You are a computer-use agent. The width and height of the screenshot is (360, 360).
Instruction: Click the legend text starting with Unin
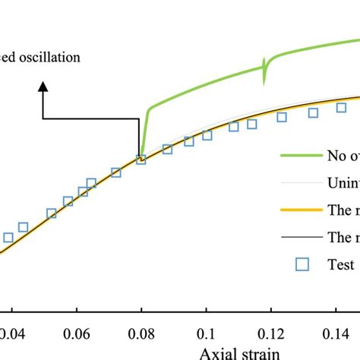tap(343, 183)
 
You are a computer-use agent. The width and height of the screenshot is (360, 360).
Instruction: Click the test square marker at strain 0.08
tap(141, 159)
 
